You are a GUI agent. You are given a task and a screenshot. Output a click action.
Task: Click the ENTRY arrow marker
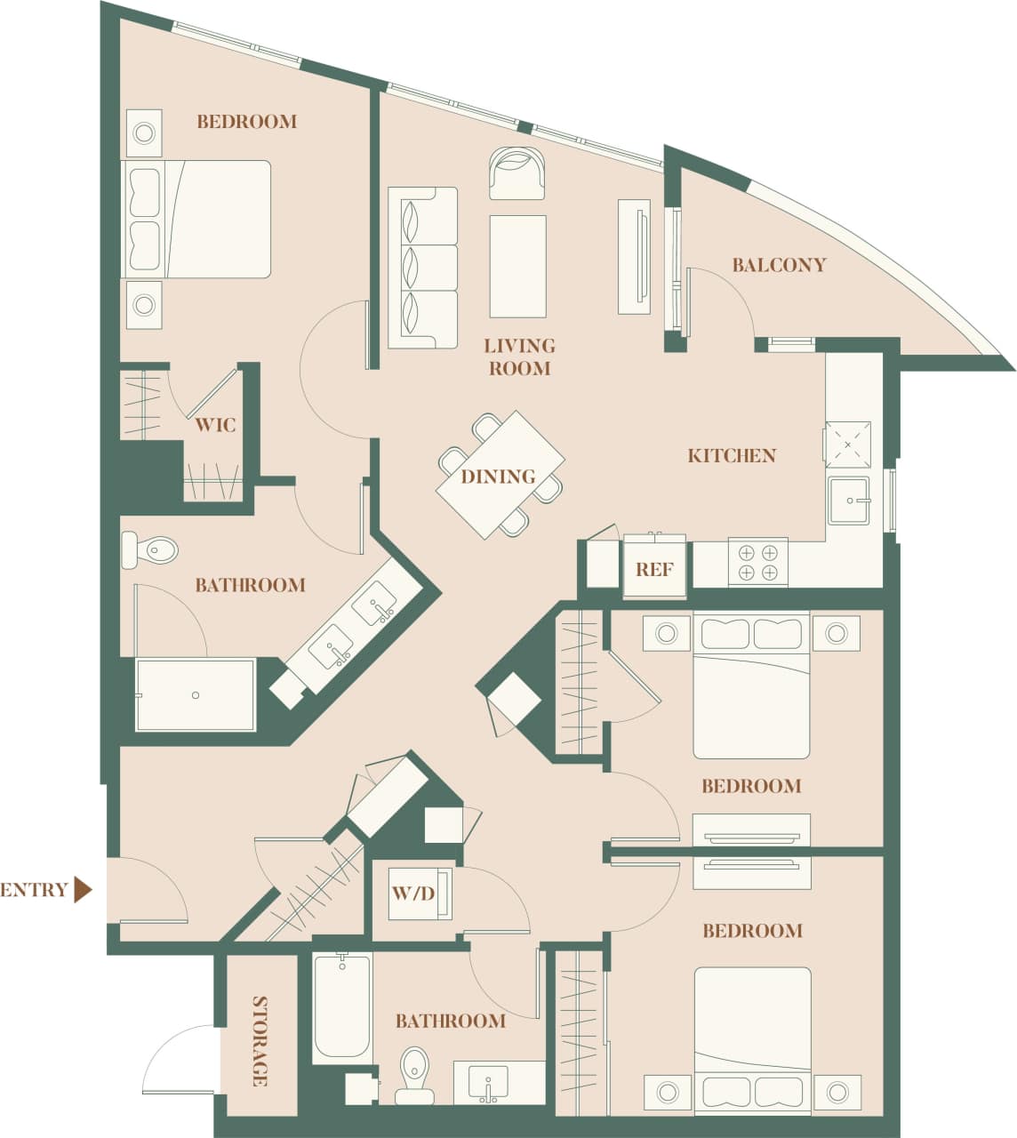[83, 889]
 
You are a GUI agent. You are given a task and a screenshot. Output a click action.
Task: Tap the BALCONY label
[779, 265]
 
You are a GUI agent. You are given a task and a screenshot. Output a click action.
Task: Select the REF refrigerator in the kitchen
[654, 567]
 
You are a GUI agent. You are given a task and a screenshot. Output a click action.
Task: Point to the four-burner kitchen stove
[757, 561]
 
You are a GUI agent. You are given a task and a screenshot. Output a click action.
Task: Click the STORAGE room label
[260, 1041]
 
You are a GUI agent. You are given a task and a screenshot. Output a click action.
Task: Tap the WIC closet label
[215, 424]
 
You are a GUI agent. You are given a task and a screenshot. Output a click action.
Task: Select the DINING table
[500, 475]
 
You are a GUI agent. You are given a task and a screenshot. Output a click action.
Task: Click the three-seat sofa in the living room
[422, 267]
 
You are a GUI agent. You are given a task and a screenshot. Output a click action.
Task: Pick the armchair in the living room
[517, 172]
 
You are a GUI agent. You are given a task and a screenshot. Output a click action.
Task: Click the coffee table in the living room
[517, 266]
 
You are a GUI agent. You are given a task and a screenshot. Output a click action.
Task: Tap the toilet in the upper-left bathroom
[149, 550]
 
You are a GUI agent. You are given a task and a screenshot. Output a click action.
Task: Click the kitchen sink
[849, 501]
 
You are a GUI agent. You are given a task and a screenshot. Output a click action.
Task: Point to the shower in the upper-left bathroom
[196, 694]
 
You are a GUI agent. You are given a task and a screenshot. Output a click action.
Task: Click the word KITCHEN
[732, 455]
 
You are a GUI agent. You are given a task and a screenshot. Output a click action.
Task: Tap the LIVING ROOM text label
[519, 357]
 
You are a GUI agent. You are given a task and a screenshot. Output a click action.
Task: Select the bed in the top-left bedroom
[196, 220]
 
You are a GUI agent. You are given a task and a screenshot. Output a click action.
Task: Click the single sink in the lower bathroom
[488, 1083]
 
